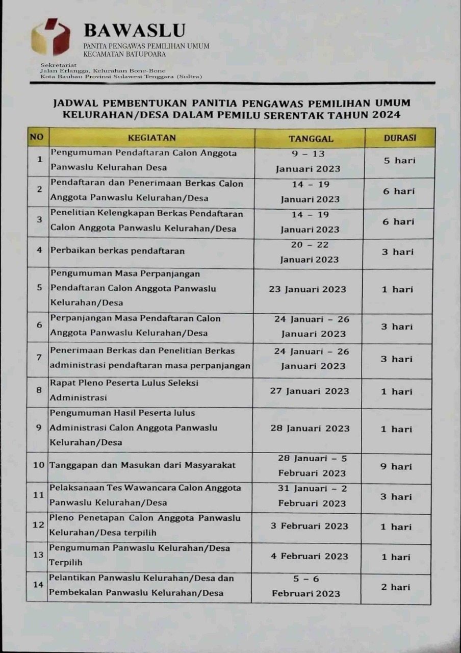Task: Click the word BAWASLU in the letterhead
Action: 134,31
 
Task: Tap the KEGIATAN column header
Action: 151,138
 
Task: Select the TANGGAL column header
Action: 311,138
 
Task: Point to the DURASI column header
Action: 400,138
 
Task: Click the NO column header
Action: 37,137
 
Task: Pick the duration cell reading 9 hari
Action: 396,466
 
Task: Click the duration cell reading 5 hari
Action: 399,160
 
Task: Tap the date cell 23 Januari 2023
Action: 308,289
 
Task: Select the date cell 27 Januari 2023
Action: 310,391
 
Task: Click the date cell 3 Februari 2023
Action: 309,526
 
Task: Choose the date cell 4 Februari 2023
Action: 309,556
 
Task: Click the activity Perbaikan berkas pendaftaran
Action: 117,251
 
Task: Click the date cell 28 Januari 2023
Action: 310,429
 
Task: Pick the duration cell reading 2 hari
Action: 395,587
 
